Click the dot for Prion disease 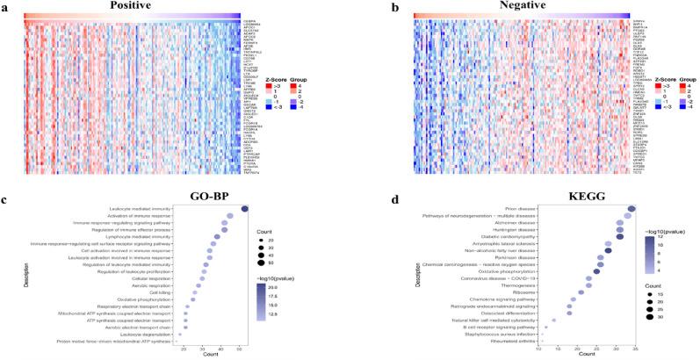tap(631, 208)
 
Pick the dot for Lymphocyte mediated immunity tap(216, 236)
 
